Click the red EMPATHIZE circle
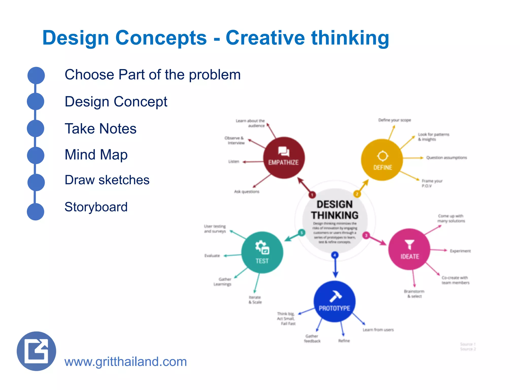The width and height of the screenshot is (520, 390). point(284,158)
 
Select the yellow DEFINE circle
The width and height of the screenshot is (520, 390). point(382,160)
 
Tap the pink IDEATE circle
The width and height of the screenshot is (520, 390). point(409,249)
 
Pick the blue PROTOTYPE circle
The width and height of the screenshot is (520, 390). point(334,301)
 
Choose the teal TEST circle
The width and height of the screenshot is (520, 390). point(262,252)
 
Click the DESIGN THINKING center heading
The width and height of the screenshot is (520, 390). point(335,210)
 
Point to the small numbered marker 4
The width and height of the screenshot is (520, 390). point(335,255)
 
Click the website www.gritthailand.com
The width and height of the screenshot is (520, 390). point(126,362)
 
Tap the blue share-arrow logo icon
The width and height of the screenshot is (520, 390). point(36,351)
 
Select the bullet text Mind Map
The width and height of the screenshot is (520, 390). point(96,155)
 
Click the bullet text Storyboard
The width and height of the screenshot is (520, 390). point(96,207)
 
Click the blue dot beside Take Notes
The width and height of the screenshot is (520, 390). point(36,128)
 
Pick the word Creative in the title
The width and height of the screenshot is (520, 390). point(265,38)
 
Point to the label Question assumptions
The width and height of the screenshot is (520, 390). point(446,158)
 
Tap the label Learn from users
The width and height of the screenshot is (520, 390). point(378,330)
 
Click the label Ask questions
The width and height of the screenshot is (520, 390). point(247,192)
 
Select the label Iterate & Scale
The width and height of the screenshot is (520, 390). point(255,300)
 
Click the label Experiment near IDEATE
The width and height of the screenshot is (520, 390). point(460,251)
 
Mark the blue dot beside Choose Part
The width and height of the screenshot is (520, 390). point(36,75)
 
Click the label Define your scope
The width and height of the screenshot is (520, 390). point(394,120)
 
